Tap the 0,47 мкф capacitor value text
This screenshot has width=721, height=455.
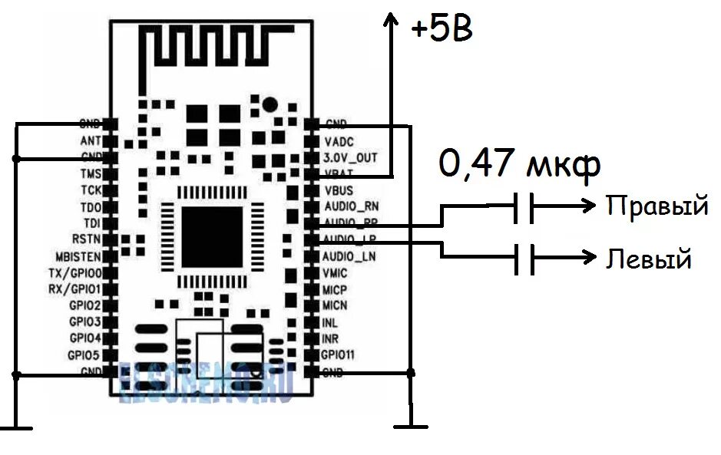coord(520,165)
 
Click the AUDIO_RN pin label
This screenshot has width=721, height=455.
coord(351,206)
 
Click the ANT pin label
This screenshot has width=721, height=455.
coord(89,140)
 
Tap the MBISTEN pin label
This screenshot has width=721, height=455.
coord(77,256)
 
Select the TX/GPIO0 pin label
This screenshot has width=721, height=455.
coord(76,273)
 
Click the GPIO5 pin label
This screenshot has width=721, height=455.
coord(84,355)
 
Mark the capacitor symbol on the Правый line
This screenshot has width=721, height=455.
coord(524,207)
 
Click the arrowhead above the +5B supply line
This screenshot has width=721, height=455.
coord(392,21)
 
